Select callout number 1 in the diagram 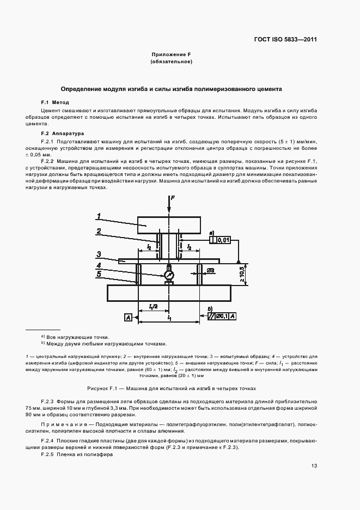(x=99, y=216)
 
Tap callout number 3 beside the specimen (x=98, y=254)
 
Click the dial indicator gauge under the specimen (x=169, y=276)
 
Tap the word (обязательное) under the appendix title (x=170, y=62)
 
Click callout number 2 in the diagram (x=99, y=231)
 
